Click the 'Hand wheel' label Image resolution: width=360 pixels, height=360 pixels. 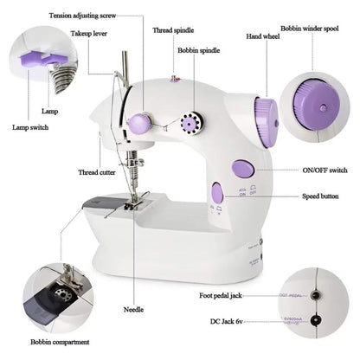pyautogui.click(x=239, y=37)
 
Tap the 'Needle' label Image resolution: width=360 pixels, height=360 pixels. pyautogui.click(x=134, y=309)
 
